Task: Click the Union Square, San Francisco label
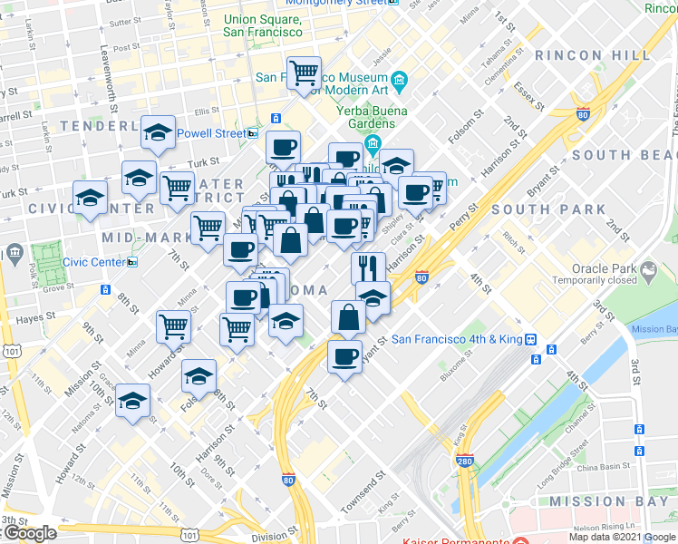tap(262, 24)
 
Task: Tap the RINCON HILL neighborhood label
tap(593, 55)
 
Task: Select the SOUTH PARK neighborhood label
tap(548, 209)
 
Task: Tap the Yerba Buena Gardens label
tap(367, 118)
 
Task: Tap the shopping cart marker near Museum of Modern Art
tap(305, 73)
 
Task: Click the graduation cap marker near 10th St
tap(132, 400)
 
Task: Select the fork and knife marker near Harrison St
tap(368, 267)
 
